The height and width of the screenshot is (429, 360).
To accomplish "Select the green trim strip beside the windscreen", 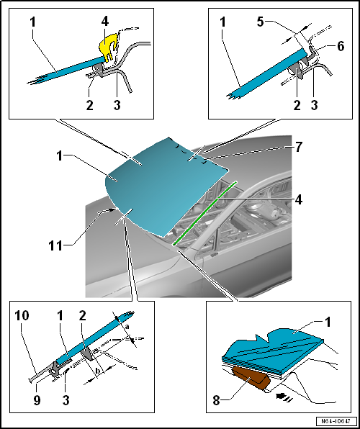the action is [x=204, y=212].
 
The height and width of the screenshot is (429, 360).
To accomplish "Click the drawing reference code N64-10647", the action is [x=337, y=421].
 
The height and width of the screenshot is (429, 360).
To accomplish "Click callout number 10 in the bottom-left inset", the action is [x=22, y=316].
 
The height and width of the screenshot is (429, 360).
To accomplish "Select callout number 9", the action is [x=37, y=400].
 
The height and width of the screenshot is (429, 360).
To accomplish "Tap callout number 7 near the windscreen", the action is [x=298, y=147].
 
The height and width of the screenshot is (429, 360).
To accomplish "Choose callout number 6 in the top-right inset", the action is [x=341, y=47].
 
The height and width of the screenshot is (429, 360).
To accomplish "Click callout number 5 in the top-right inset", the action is [x=261, y=22].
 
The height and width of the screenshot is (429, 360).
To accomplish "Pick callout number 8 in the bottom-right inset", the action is [x=217, y=402].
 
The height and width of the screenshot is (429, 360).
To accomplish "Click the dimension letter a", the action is [x=127, y=328].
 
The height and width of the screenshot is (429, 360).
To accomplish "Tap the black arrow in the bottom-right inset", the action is [x=284, y=396].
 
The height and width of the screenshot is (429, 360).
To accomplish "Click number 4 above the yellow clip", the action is [x=105, y=22].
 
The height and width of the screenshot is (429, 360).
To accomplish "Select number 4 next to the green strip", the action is [x=298, y=200].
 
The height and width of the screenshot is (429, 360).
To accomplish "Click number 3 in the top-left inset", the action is [x=117, y=105].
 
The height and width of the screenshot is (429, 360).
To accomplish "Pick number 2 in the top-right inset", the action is [x=297, y=105].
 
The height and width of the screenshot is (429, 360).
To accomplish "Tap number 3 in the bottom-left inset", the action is [x=66, y=400].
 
